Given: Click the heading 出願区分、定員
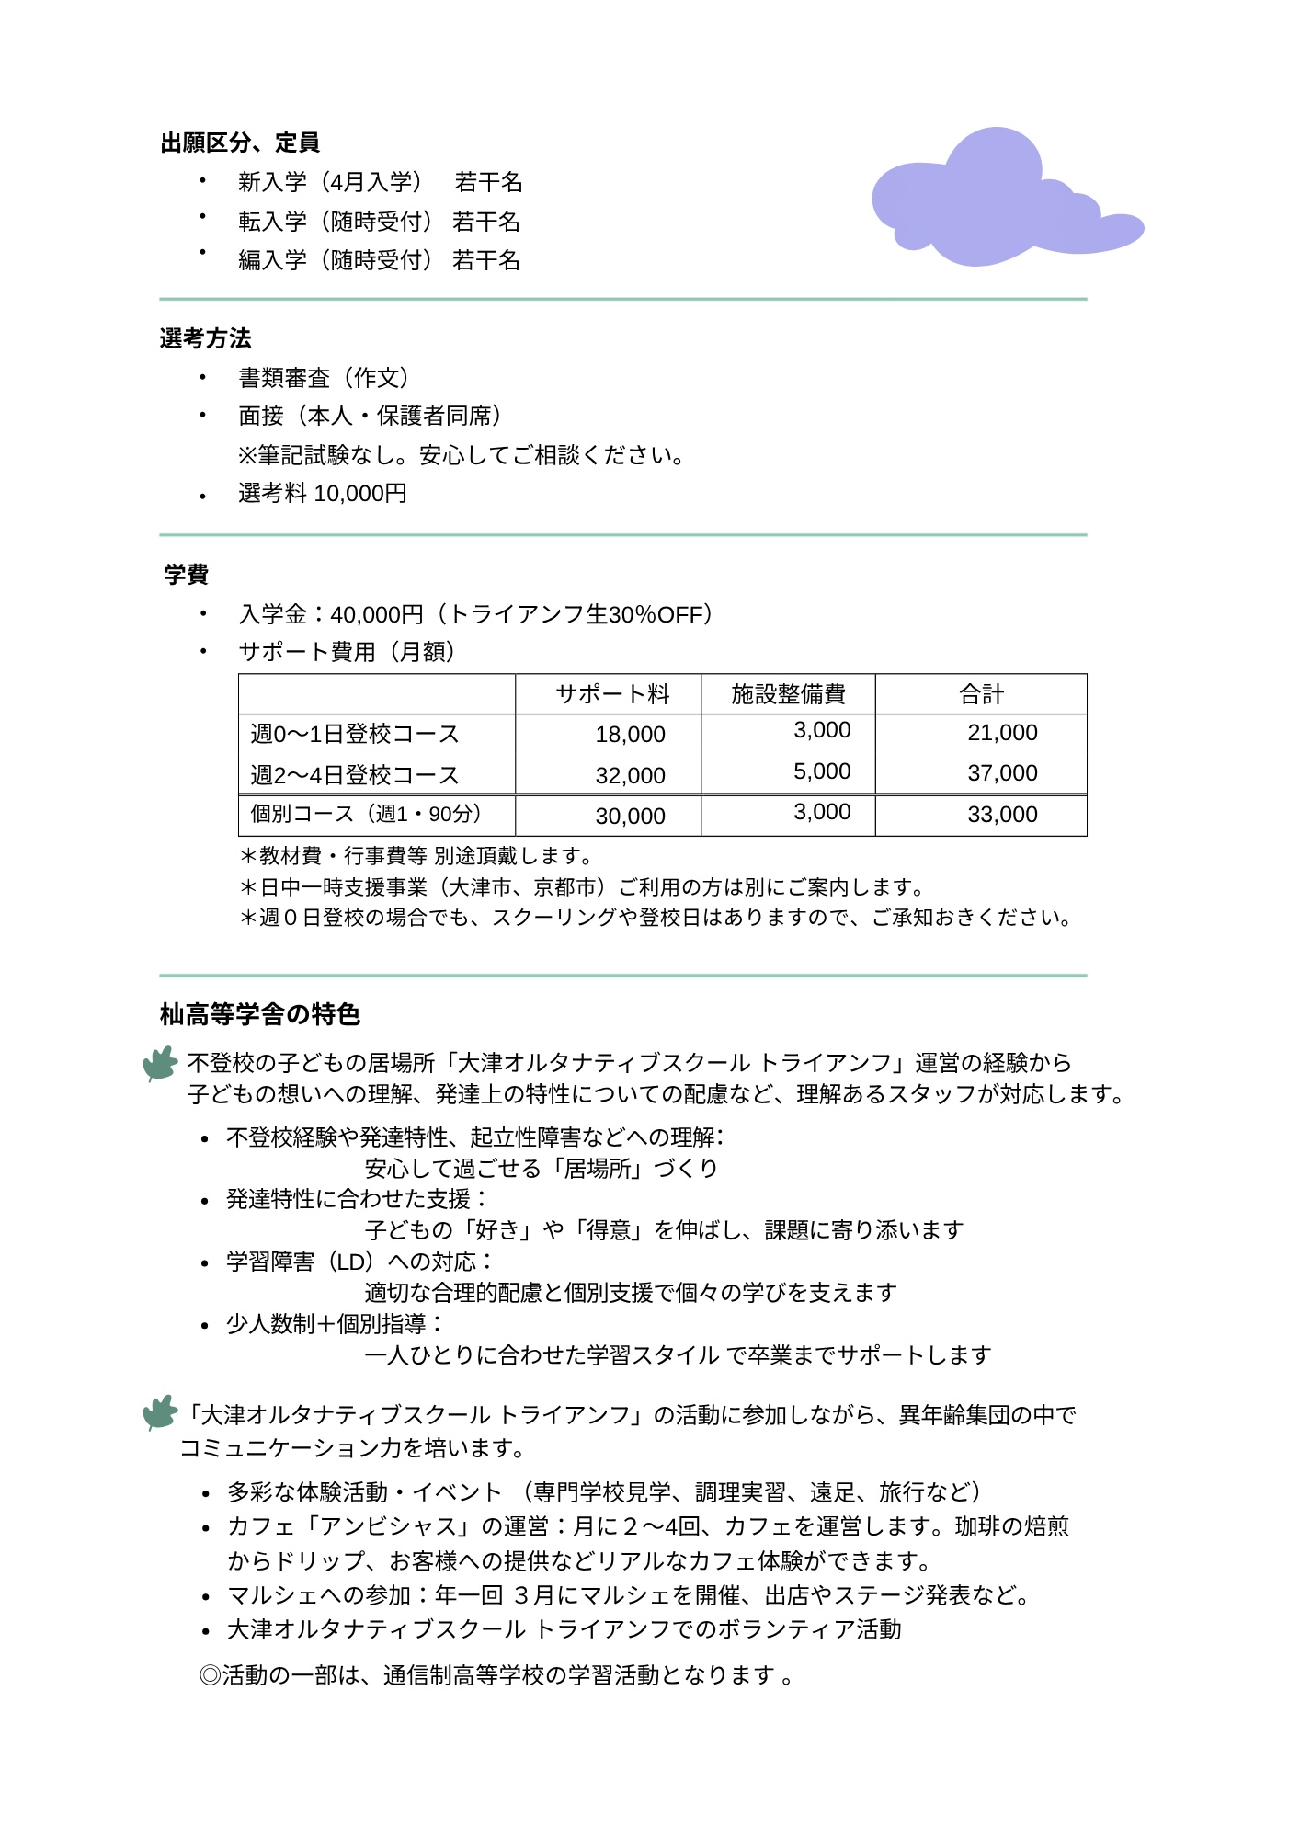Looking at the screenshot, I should click(x=240, y=143).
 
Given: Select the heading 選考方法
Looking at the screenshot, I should click(x=205, y=338).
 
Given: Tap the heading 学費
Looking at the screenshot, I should click(x=187, y=575).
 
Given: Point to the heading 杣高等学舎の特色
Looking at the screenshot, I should click(x=260, y=1014).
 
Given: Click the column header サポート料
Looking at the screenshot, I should click(x=612, y=694).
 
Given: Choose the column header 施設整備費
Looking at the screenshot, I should click(x=788, y=694).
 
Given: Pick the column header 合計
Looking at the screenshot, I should click(x=981, y=694).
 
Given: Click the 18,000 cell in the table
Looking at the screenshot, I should click(x=630, y=735).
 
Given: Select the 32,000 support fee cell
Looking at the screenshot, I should click(x=630, y=776).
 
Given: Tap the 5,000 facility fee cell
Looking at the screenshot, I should click(x=822, y=771).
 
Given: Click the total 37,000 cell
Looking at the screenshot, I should click(x=1002, y=773).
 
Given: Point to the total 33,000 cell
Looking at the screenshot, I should click(x=1002, y=815).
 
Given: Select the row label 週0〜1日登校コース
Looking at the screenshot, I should click(x=355, y=734).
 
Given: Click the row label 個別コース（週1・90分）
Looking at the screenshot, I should click(x=367, y=814).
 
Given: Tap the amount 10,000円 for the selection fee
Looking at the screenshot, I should click(x=360, y=494).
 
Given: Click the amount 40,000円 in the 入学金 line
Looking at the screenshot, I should click(x=377, y=614).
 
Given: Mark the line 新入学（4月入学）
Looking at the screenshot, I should click(x=331, y=182).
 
